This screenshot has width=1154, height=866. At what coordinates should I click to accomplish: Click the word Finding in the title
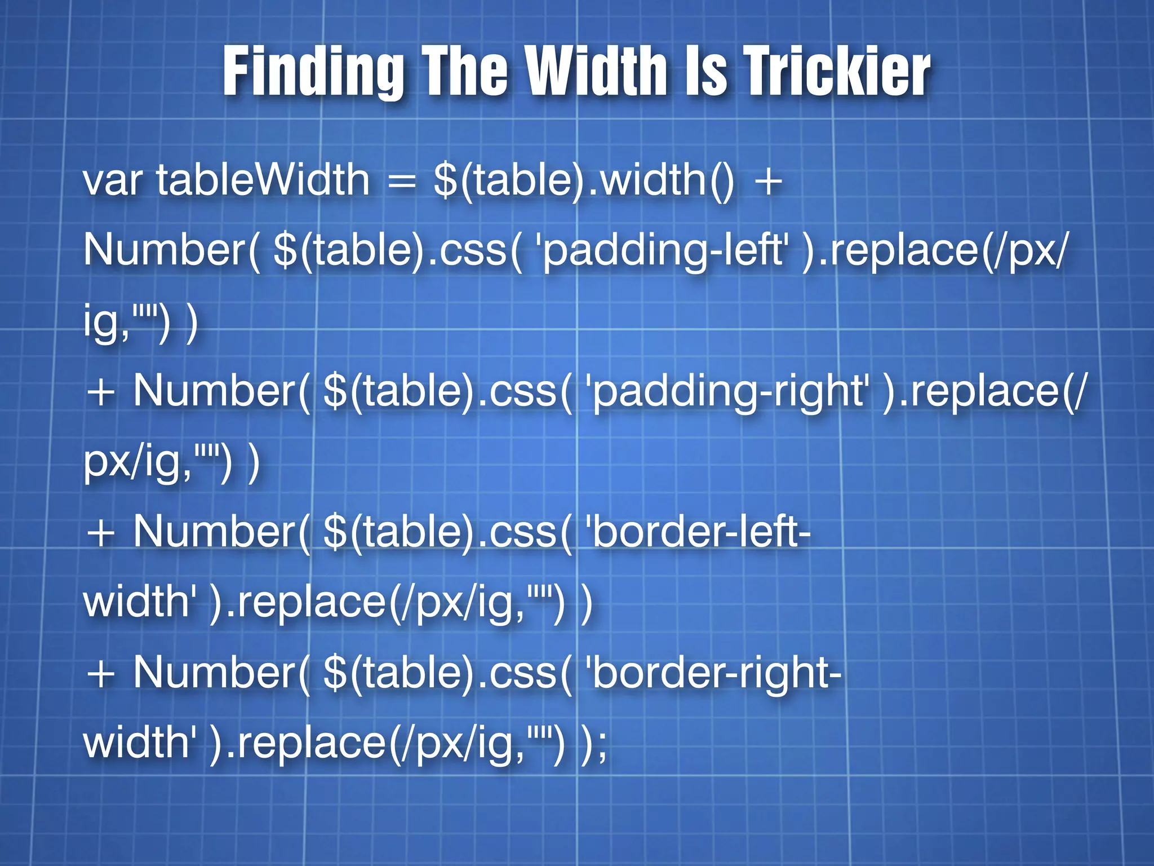(313, 72)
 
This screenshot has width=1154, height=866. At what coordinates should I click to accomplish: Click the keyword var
(112, 180)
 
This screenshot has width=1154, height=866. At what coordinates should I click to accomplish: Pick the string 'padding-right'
(726, 391)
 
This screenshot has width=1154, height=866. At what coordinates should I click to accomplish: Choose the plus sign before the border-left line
(101, 533)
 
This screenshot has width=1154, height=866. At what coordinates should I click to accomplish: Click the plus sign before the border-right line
(101, 674)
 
